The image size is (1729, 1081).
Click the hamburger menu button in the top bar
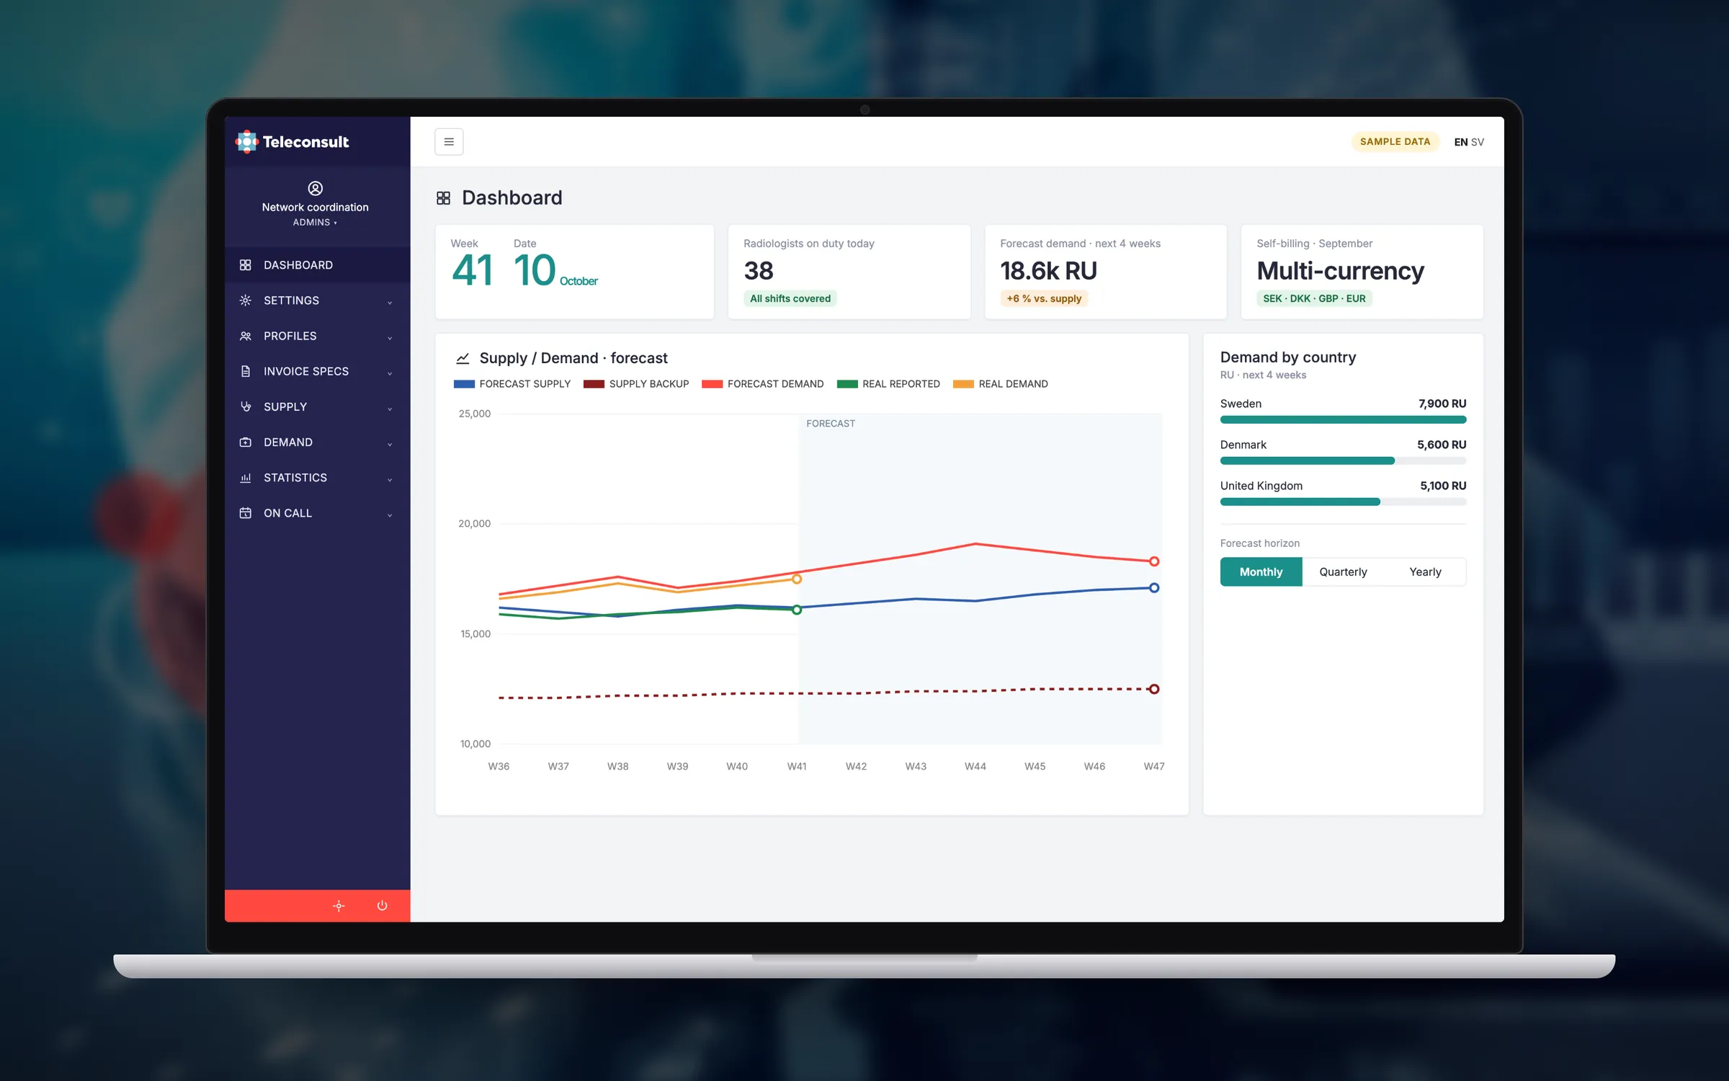pos(449,142)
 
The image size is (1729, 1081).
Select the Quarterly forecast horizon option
pos(1343,571)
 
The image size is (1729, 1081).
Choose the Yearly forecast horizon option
pos(1425,571)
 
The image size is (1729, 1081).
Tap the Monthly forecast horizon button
pos(1261,571)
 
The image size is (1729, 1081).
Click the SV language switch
pos(1478,142)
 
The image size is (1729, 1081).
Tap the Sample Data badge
pos(1395,142)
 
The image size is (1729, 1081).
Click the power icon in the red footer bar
pos(383,906)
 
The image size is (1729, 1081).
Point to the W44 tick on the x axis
pos(975,766)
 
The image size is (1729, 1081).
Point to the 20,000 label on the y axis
pos(474,524)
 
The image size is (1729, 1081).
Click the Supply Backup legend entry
pos(636,384)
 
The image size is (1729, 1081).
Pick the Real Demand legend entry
pos(1001,384)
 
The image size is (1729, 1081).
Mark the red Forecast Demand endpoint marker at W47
pos(1154,561)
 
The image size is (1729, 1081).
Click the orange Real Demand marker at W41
pos(797,579)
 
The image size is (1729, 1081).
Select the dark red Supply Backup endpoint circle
pos(1154,689)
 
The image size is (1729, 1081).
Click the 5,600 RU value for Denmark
pos(1442,445)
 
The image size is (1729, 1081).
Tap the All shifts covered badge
pos(790,298)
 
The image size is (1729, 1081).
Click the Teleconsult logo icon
pos(246,142)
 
